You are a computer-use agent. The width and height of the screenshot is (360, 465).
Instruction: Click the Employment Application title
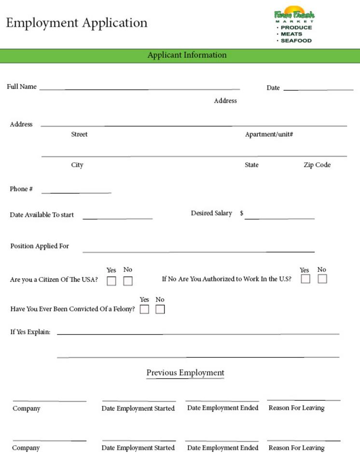tap(77, 23)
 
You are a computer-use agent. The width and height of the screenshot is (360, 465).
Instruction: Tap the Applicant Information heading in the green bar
tap(187, 55)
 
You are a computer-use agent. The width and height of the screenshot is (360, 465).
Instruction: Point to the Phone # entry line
tap(76, 192)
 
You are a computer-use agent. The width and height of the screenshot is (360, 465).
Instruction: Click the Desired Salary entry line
tap(279, 218)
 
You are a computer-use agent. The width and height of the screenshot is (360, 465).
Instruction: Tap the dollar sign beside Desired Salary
tap(241, 213)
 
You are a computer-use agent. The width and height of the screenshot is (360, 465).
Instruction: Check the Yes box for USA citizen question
tap(111, 281)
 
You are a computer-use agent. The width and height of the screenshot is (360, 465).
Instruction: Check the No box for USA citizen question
tap(128, 281)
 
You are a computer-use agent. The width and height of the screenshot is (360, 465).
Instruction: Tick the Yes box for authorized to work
tap(305, 279)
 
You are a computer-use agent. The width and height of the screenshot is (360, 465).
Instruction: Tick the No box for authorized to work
tap(322, 279)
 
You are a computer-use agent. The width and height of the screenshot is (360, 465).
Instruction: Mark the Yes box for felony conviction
tap(144, 310)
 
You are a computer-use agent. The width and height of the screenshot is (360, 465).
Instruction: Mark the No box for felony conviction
tap(160, 310)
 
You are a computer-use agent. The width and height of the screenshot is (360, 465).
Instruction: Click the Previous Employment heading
tap(185, 373)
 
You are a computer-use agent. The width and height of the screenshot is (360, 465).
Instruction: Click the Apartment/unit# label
tap(269, 134)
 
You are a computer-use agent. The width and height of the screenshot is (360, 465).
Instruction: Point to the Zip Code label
tap(317, 165)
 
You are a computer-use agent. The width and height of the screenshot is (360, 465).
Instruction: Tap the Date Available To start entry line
tap(117, 218)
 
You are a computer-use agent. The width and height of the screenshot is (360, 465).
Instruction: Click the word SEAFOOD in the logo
tap(296, 41)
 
